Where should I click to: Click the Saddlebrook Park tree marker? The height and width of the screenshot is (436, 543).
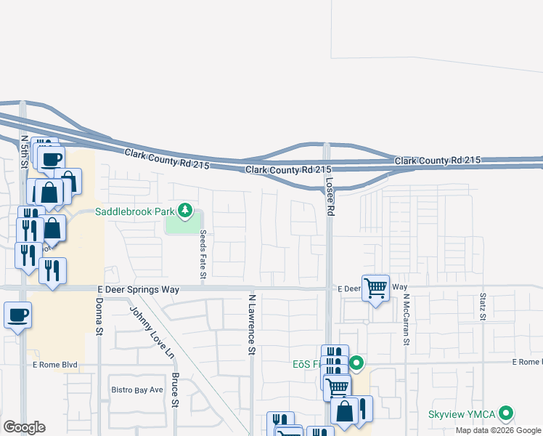(x=185, y=211)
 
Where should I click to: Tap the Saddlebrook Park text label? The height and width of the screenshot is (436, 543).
(x=136, y=212)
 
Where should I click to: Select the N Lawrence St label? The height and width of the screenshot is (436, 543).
(x=252, y=324)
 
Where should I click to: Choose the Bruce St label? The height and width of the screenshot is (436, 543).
(x=175, y=390)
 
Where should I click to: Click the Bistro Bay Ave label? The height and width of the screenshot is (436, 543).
(x=137, y=389)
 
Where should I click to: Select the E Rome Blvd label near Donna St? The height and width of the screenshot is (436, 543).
(x=54, y=365)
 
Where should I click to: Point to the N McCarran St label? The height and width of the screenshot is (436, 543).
(x=407, y=319)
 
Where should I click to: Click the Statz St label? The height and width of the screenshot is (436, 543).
(x=482, y=306)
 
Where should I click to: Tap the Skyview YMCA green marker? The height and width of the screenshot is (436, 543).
(x=506, y=413)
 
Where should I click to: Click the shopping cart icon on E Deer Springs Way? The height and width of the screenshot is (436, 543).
(x=375, y=288)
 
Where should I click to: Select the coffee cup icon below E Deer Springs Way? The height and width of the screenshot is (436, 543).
(x=18, y=315)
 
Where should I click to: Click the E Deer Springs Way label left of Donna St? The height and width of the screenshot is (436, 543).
(x=138, y=289)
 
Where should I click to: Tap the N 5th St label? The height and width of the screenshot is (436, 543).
(x=25, y=151)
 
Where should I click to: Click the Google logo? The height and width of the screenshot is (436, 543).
(x=24, y=427)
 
